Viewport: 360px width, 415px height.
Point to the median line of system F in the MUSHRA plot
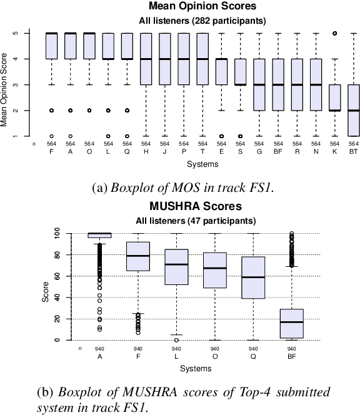click(138, 256)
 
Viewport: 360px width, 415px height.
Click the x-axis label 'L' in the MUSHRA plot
click(177, 356)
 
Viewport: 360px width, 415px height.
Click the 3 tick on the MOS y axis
click(25, 84)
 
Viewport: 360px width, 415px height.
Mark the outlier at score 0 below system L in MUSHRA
click(177, 340)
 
